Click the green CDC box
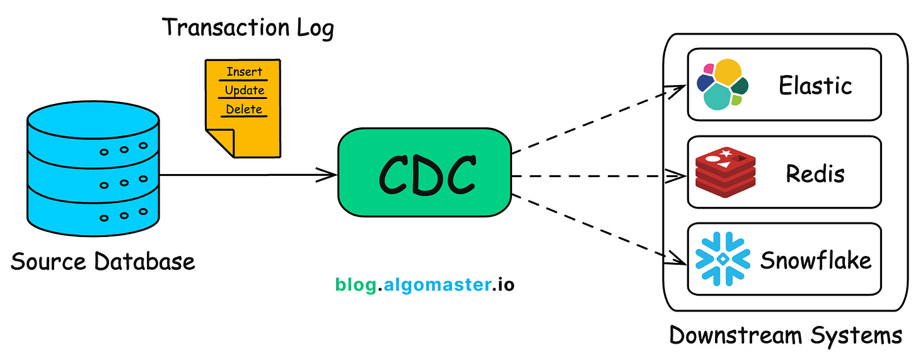pos(424,172)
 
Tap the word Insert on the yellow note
pos(244,71)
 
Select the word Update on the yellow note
pos(244,90)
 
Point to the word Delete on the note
pos(244,109)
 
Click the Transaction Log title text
pos(248,28)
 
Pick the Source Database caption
pos(103,261)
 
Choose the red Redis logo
pos(721,172)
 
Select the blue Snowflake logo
pos(722,259)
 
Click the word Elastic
pos(815,85)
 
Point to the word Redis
pos(815,173)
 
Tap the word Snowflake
pos(816,260)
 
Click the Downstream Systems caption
pos(786,335)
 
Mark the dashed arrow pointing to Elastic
pos(599,120)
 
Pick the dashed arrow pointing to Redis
pos(599,175)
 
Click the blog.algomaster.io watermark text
pos(424,285)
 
